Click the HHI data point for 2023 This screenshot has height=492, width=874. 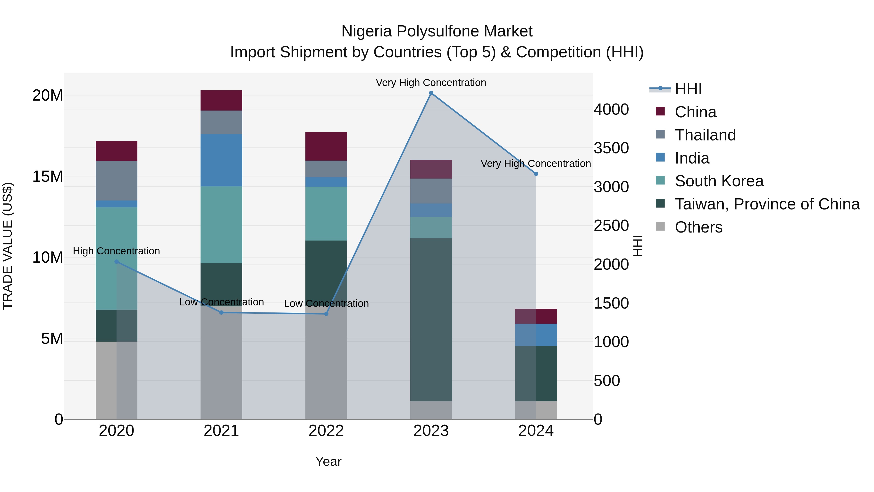[431, 93]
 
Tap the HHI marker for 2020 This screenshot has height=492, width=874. [116, 262]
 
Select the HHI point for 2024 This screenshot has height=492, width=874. [536, 174]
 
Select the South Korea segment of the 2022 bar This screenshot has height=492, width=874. [326, 214]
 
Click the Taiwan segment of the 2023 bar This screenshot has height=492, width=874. [431, 319]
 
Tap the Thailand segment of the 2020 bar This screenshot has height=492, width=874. [116, 181]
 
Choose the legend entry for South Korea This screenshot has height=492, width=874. [719, 181]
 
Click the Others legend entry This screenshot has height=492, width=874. [698, 227]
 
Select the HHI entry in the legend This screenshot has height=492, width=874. [688, 89]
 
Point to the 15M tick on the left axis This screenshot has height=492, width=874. [48, 176]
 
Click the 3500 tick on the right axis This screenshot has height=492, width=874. [611, 148]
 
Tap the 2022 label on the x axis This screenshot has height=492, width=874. [326, 431]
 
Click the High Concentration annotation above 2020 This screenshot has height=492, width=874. [116, 251]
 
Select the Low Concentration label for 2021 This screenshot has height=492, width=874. [221, 302]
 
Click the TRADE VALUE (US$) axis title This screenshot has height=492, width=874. [8, 246]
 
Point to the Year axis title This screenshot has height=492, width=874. [328, 461]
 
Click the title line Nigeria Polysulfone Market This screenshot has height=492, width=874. [437, 31]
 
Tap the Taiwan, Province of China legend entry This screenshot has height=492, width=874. [767, 204]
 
